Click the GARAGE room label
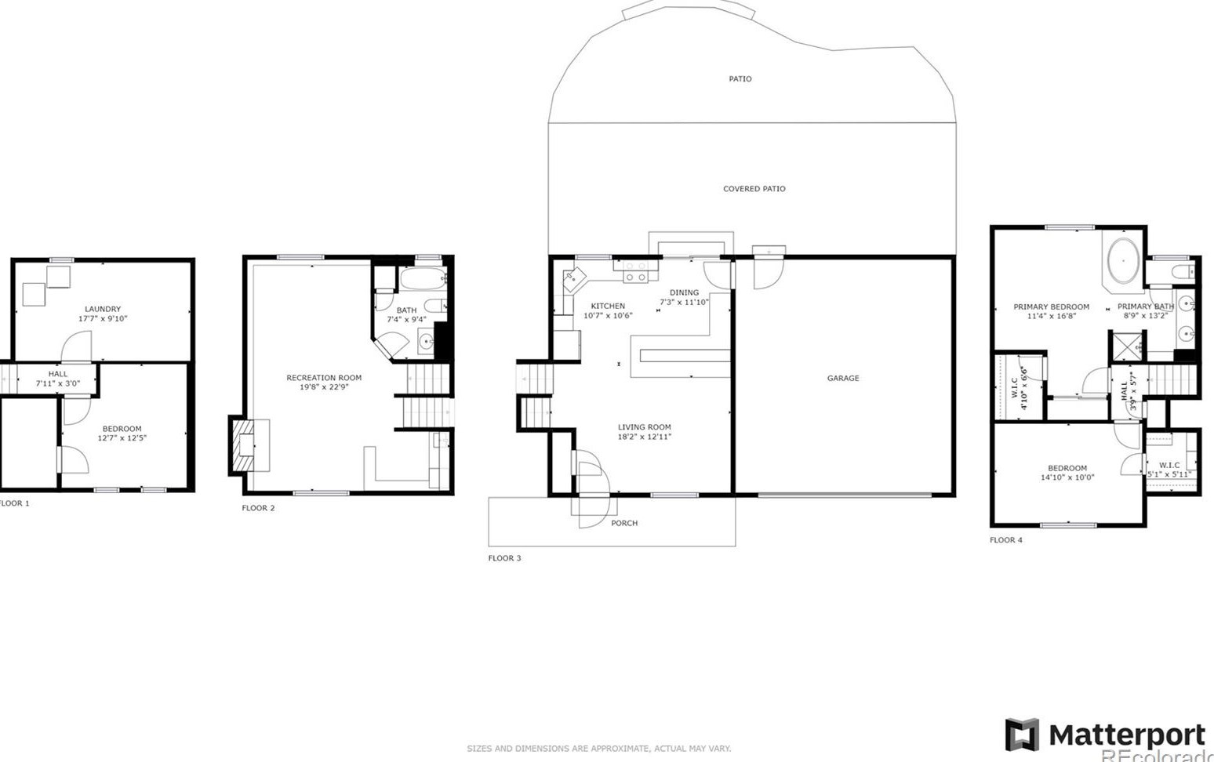coord(842,378)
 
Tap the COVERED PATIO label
coord(754,189)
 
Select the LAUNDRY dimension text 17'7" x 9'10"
coord(103,319)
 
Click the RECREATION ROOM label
coord(324,378)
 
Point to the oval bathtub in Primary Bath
coord(1123,260)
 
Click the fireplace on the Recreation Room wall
coord(245,445)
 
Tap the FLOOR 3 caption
coord(504,558)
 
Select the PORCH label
coord(624,523)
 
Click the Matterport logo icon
coord(1022,735)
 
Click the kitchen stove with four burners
coord(635,272)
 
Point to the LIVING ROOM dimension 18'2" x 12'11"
coord(644,437)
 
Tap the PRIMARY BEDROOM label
coord(1051,307)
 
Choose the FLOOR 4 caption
coord(1005,540)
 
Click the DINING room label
coord(684,292)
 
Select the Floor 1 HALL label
coord(58,374)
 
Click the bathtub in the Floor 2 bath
coord(423,278)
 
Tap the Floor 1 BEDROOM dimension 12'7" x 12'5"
coord(122,438)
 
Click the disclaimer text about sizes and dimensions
coord(598,749)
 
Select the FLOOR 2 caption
coord(258,508)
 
